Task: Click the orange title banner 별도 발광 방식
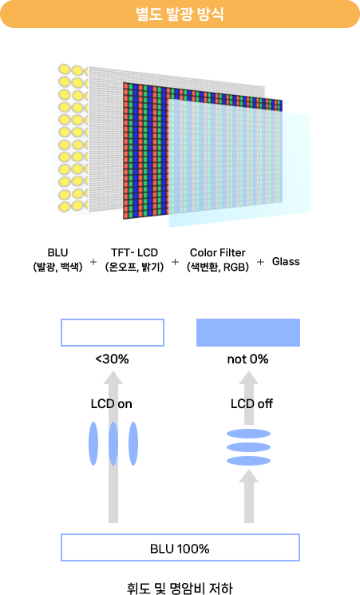click(180, 14)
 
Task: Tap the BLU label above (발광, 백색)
click(57, 252)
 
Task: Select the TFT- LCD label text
click(134, 252)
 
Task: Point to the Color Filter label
click(217, 252)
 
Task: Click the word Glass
click(286, 261)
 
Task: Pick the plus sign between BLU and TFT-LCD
click(93, 261)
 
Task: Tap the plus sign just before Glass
click(260, 261)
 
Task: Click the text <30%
click(112, 359)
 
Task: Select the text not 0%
click(247, 359)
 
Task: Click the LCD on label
click(112, 404)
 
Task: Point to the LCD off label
click(251, 404)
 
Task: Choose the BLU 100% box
click(180, 548)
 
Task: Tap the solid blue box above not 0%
click(248, 333)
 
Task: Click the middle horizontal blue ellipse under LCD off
click(248, 447)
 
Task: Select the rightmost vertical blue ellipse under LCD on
click(133, 443)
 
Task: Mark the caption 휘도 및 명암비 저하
click(180, 588)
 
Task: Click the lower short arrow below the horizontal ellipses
click(248, 496)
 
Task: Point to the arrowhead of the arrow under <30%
click(113, 378)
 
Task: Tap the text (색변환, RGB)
click(217, 268)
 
